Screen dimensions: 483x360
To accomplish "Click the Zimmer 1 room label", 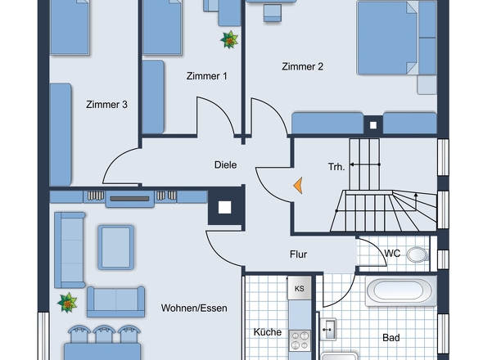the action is (x=206, y=76).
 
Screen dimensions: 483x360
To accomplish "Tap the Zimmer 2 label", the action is (x=303, y=66).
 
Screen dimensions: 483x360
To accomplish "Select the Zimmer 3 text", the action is (x=106, y=105).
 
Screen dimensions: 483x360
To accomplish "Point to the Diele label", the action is (x=225, y=164).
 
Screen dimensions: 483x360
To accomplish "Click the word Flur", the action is (x=298, y=254).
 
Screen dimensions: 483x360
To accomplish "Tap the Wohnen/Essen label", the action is (x=194, y=308).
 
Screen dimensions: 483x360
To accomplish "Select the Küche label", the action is (x=268, y=332).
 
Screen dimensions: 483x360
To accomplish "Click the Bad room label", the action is (x=391, y=338).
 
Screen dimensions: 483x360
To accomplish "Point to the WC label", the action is (x=392, y=254).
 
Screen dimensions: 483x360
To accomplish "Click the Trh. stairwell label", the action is (x=336, y=167).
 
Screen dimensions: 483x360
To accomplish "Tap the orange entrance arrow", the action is (x=298, y=186).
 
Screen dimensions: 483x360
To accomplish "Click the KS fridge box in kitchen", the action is (x=300, y=288).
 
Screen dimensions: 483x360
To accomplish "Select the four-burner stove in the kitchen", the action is (x=300, y=340).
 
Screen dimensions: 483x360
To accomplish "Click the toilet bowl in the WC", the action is (x=418, y=254).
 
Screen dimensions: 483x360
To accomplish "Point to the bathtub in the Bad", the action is (x=401, y=291).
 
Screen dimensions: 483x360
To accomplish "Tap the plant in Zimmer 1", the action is (x=229, y=40).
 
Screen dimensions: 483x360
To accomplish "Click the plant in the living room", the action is (x=67, y=303).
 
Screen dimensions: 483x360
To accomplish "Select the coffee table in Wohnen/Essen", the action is (x=115, y=247).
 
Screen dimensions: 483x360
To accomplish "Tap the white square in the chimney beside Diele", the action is (x=224, y=207).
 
